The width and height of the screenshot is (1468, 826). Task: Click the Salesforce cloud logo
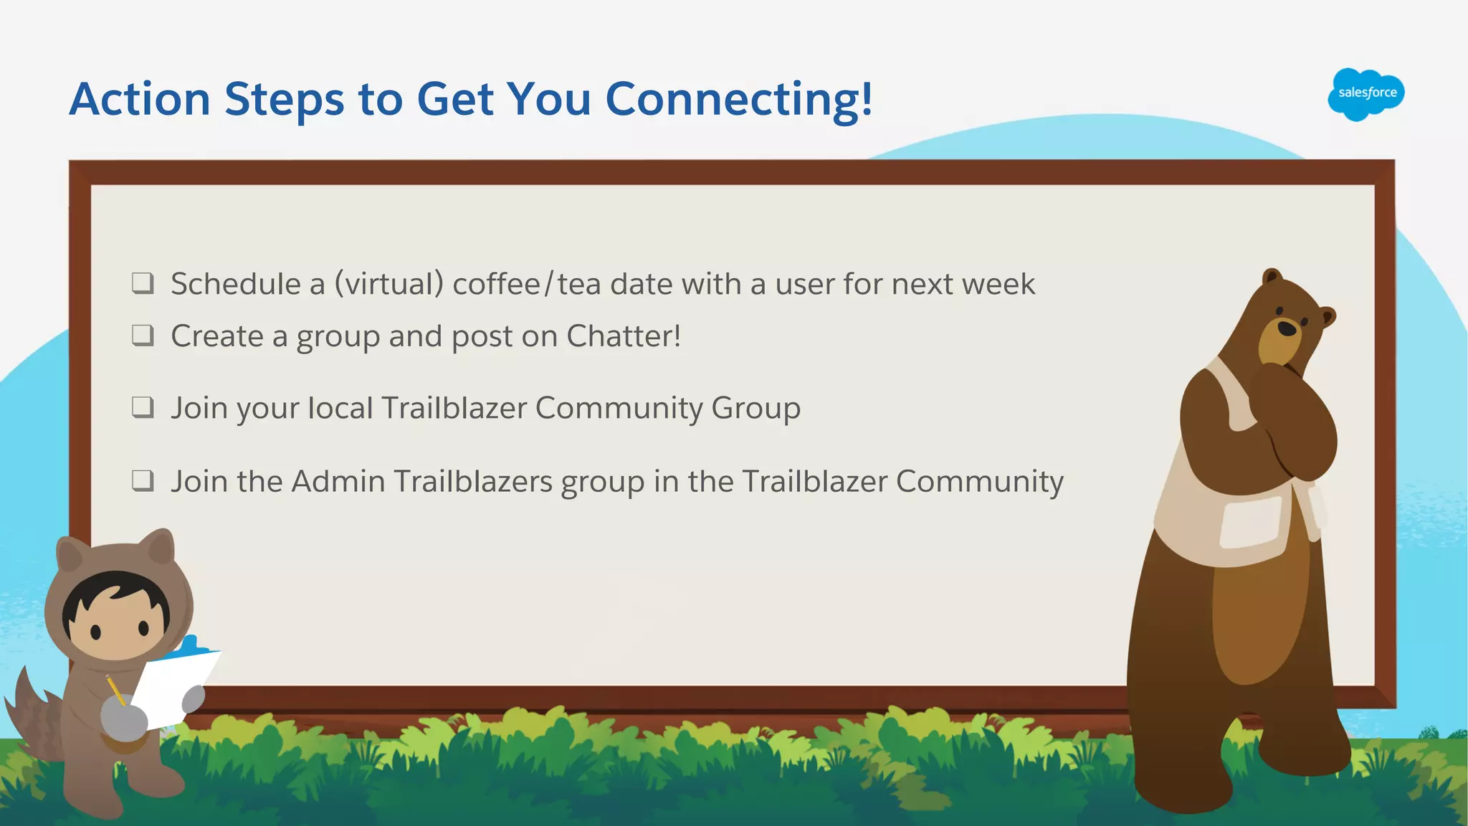(x=1366, y=94)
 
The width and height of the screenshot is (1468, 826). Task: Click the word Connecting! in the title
(x=739, y=99)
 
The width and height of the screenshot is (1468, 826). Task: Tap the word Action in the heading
(x=140, y=99)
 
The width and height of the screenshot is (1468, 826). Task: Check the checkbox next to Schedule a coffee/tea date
(x=143, y=283)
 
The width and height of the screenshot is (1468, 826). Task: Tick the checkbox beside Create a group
(x=143, y=335)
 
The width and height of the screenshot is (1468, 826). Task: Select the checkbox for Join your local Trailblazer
(x=143, y=407)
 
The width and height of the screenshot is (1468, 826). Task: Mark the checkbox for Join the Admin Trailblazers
(x=143, y=480)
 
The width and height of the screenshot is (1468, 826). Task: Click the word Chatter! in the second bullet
(x=624, y=336)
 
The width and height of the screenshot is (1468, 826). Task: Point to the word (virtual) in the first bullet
(x=389, y=284)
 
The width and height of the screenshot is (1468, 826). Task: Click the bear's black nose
(x=1287, y=328)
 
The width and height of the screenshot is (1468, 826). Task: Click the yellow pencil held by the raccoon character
(x=115, y=689)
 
